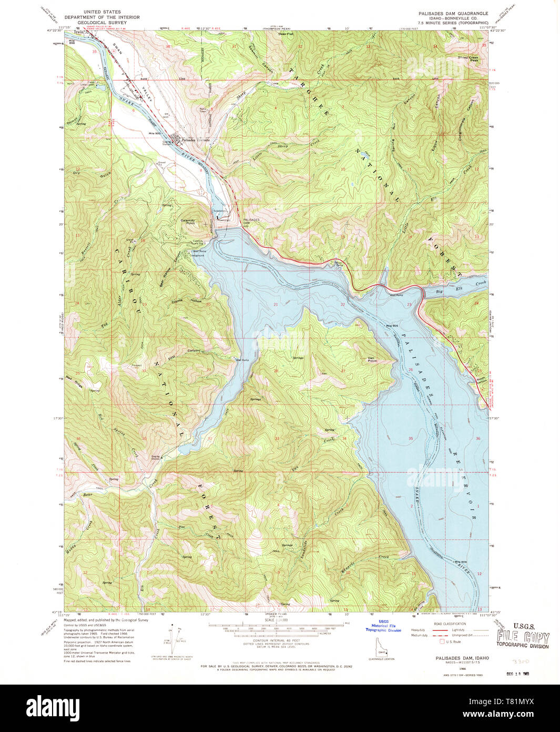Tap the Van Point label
(x=372, y=359)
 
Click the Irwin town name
(x=79, y=33)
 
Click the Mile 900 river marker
(x=154, y=134)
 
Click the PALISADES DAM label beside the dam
(x=251, y=221)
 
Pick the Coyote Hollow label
(x=187, y=301)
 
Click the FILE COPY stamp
(x=523, y=637)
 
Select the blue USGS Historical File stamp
(x=383, y=625)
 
